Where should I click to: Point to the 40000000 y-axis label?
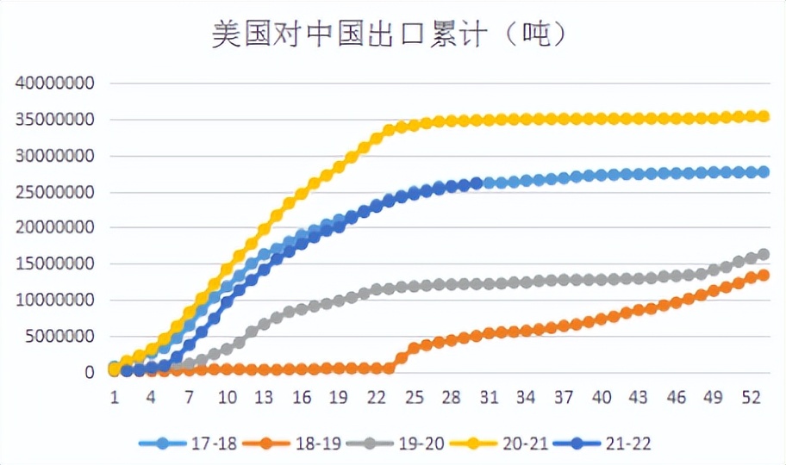pyautogui.click(x=53, y=84)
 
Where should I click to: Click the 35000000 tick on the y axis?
pyautogui.click(x=53, y=120)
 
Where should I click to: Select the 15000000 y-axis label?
pyautogui.click(x=53, y=264)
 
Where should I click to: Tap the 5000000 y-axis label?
pyautogui.click(x=58, y=337)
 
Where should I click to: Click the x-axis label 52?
pyautogui.click(x=751, y=397)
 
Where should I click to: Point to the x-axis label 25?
pyautogui.click(x=414, y=397)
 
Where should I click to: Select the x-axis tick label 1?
pyautogui.click(x=114, y=397)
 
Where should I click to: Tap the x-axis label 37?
pyautogui.click(x=564, y=397)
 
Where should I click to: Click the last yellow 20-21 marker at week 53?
pyautogui.click(x=763, y=116)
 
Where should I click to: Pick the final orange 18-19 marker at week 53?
pyautogui.click(x=763, y=276)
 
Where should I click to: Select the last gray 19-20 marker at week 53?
pyautogui.click(x=763, y=255)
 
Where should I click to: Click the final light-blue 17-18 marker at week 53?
pyautogui.click(x=763, y=172)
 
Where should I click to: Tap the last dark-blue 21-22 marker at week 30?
pyautogui.click(x=476, y=183)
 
